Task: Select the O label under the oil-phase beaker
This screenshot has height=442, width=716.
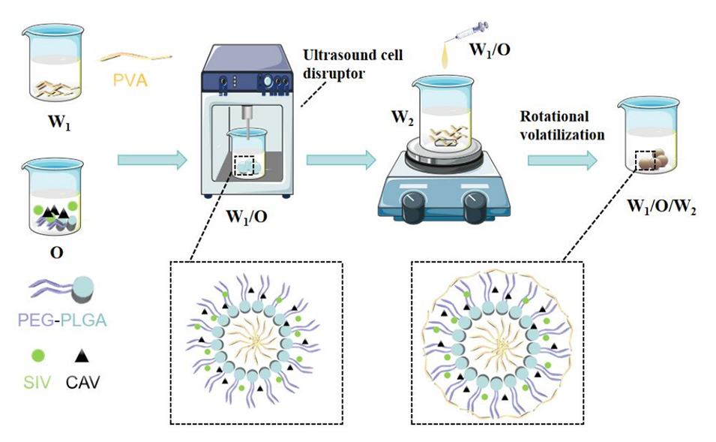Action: tap(55, 251)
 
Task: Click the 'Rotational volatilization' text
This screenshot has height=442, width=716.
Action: tap(562, 126)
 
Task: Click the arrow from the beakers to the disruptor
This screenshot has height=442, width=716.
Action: tap(151, 159)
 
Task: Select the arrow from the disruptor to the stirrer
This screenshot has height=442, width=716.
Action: tap(341, 159)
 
